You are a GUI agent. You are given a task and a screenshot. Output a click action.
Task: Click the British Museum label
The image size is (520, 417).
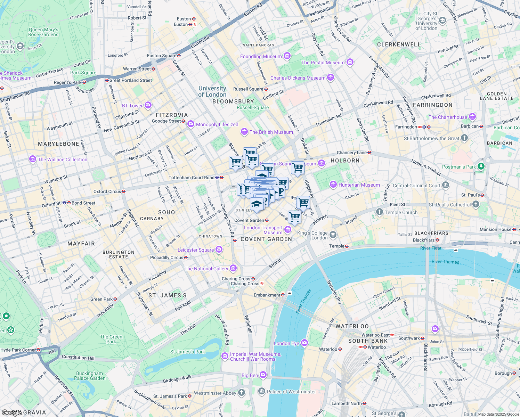pyautogui.click(x=271, y=132)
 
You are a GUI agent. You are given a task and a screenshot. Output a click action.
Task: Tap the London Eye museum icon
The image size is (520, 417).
pyautogui.click(x=304, y=343)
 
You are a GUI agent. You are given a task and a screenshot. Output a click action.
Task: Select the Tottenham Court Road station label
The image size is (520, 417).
pyautogui.click(x=192, y=178)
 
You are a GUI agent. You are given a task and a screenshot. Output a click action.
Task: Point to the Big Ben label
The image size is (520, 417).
pyautogui.click(x=250, y=375)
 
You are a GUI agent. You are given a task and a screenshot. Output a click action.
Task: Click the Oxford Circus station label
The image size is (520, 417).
pyautogui.click(x=107, y=191)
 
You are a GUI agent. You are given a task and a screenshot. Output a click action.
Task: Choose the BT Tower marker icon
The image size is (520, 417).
pyautogui.click(x=148, y=105)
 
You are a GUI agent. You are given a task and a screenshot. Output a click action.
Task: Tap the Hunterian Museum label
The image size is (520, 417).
pyautogui.click(x=359, y=185)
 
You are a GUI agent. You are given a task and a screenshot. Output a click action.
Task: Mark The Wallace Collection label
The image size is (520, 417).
pyautogui.click(x=63, y=160)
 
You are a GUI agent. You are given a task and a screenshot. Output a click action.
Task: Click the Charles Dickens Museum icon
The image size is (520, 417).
pyautogui.click(x=331, y=77)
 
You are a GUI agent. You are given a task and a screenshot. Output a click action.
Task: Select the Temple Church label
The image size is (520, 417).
pyautogui.click(x=401, y=212)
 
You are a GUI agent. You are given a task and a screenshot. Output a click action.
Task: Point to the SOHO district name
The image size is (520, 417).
pyautogui.click(x=166, y=212)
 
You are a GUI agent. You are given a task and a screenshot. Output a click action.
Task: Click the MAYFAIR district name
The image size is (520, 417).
pyautogui.click(x=81, y=244)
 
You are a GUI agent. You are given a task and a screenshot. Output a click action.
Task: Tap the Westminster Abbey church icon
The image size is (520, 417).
pyautogui.click(x=242, y=393)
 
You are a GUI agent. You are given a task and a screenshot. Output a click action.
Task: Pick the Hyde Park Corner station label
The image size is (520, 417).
pyautogui.click(x=18, y=350)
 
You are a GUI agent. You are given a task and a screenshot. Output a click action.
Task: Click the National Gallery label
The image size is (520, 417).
pyautogui.click(x=206, y=269)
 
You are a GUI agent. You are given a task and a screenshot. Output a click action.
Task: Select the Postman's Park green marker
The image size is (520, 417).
pyautogui.click(x=481, y=166)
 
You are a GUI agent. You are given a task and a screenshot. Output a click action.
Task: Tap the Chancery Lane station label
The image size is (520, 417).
pyautogui.click(x=352, y=153)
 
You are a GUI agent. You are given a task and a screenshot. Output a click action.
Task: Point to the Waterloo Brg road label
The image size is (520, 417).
pyautogui.click(x=334, y=292)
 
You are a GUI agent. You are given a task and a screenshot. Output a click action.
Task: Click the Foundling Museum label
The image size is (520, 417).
pyautogui.click(x=261, y=56)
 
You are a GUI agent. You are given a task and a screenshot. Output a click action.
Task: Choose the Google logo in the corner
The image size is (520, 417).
pyautogui.click(x=11, y=412)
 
